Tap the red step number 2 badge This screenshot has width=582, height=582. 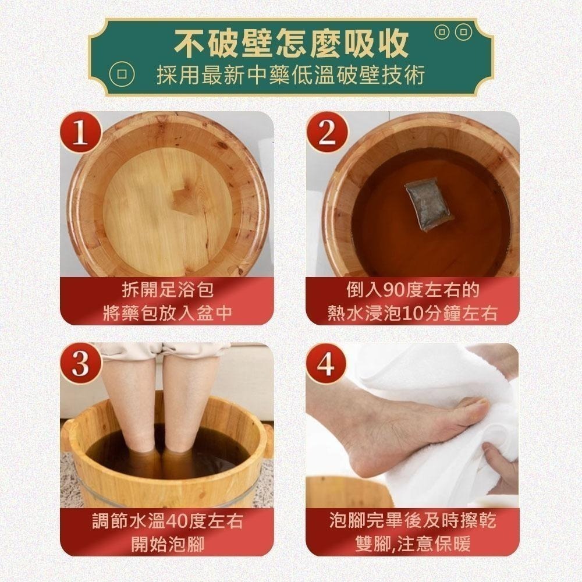pos(327,133)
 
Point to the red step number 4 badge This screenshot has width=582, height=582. pos(327,364)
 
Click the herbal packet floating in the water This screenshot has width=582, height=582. pos(429,203)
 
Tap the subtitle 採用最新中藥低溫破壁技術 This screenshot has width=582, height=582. pos(290,75)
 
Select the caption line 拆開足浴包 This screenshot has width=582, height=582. pos(167,289)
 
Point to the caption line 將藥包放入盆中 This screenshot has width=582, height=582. pos(167,313)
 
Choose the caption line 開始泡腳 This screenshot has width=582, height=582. pos(167,544)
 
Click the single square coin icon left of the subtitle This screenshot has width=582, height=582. pos(122,75)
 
